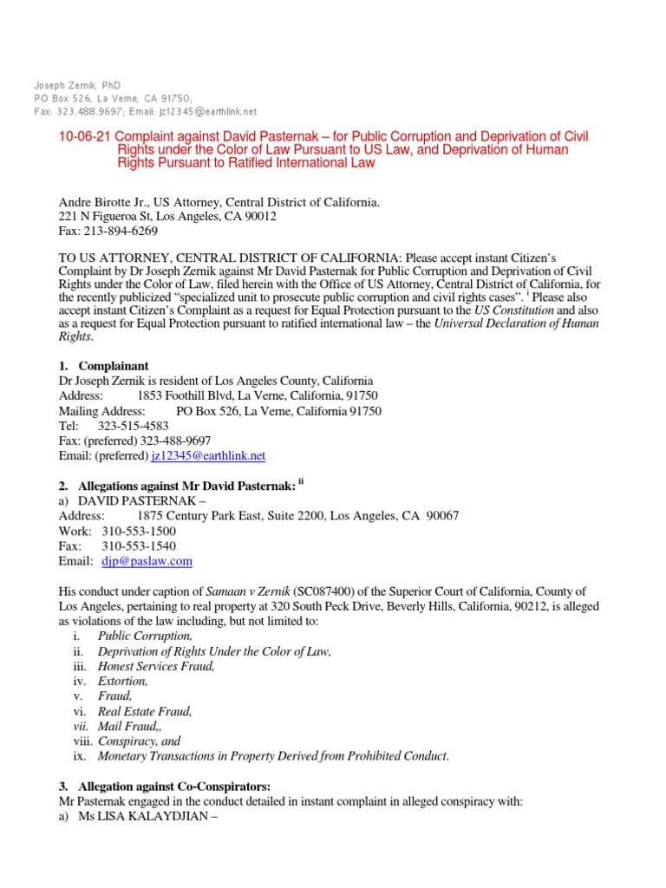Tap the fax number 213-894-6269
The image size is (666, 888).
pyautogui.click(x=121, y=232)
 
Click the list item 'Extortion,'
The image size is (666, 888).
pyautogui.click(x=123, y=681)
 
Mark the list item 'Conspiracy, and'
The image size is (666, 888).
pyautogui.click(x=139, y=741)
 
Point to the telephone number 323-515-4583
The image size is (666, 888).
pyautogui.click(x=134, y=426)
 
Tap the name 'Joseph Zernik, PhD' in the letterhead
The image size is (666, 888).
pyautogui.click(x=77, y=86)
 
